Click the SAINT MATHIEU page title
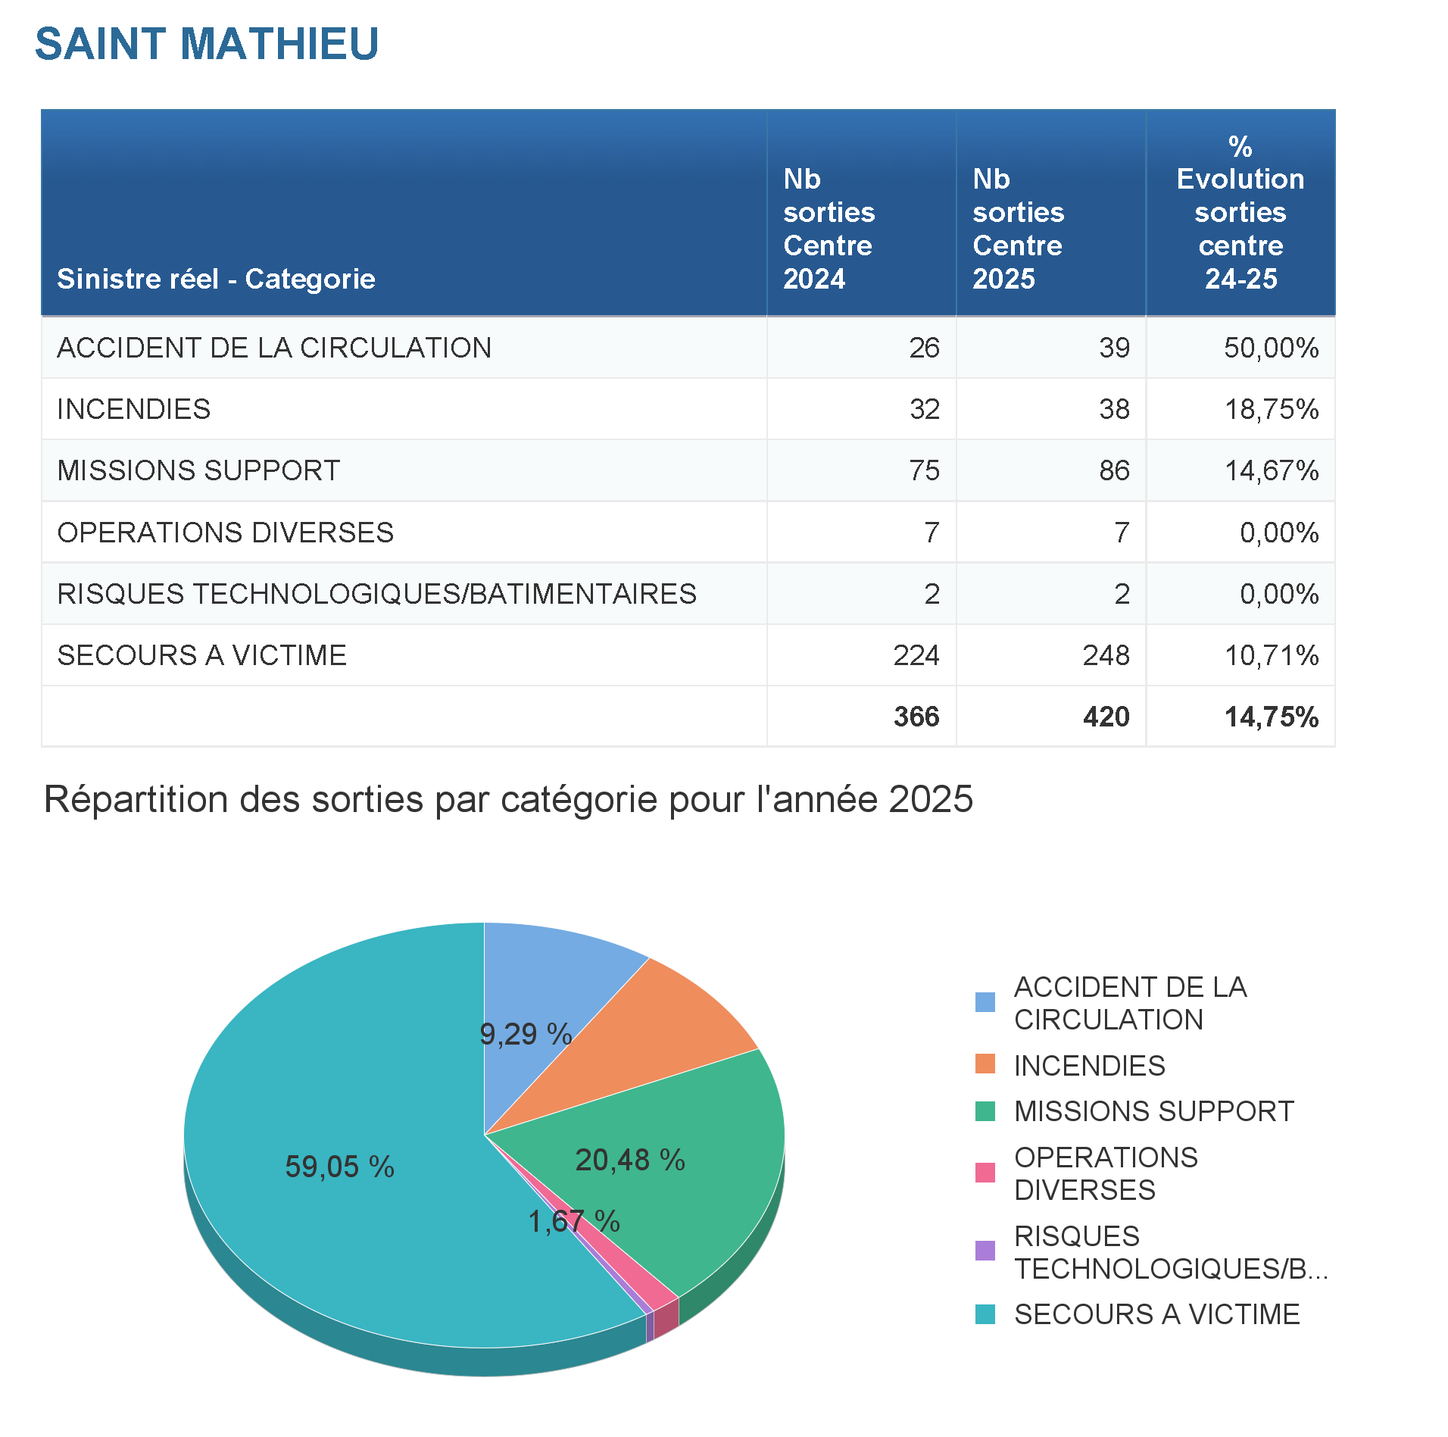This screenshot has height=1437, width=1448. [x=206, y=44]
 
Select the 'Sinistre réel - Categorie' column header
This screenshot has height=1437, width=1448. [x=216, y=279]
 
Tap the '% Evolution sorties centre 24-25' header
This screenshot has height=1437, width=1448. [x=1240, y=213]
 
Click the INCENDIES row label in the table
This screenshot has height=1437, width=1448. [x=134, y=409]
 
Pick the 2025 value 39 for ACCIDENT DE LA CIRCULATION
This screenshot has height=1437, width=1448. [x=1114, y=348]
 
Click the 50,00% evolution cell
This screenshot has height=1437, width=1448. [x=1271, y=348]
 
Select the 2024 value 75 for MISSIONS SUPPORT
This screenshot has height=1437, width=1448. [x=924, y=470]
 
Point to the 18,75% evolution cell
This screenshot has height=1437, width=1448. [x=1272, y=409]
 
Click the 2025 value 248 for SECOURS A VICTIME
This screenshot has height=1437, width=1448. [x=1106, y=655]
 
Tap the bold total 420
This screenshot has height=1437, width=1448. [x=1106, y=717]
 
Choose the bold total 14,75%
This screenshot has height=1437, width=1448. [x=1271, y=717]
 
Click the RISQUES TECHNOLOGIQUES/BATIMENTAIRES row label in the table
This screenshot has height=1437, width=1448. [x=376, y=594]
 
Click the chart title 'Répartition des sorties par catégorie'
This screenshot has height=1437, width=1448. [x=508, y=799]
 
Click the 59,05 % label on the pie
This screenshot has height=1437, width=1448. [x=339, y=1167]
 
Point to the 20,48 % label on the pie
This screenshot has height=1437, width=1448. [x=630, y=1160]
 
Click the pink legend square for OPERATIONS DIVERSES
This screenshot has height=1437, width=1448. [x=985, y=1173]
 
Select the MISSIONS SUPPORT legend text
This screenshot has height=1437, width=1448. [x=1153, y=1111]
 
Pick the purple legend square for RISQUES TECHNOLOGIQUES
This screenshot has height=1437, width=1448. [x=985, y=1251]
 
